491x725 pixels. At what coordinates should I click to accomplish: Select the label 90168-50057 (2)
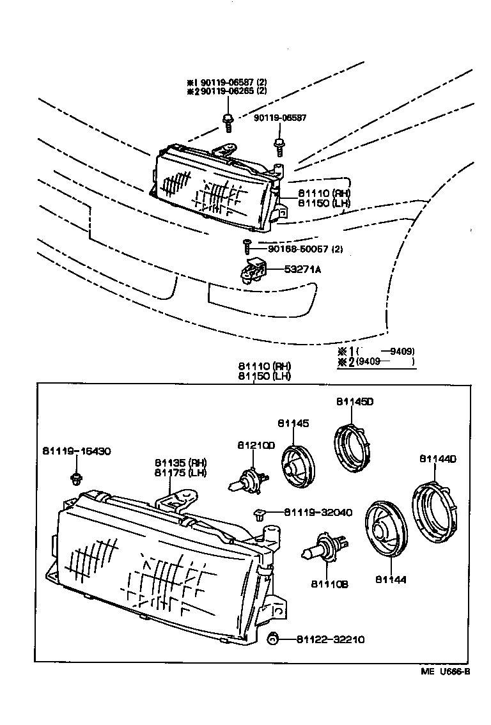[297, 249]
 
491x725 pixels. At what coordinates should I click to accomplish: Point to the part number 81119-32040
[309, 511]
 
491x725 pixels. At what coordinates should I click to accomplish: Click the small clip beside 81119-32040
[260, 511]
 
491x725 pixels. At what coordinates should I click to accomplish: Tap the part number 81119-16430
[77, 451]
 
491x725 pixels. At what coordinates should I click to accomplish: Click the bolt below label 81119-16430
[77, 478]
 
